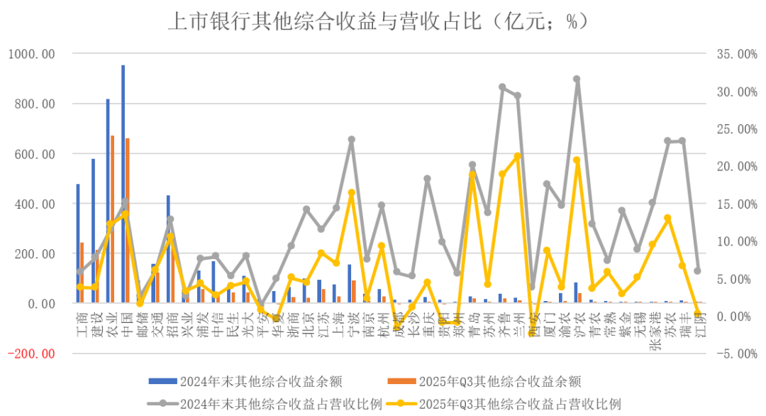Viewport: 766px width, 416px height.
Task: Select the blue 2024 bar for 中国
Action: [123, 185]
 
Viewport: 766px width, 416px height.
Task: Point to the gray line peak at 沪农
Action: [577, 80]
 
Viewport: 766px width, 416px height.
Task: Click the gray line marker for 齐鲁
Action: [502, 87]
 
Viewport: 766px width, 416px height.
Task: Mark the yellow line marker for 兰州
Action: [517, 156]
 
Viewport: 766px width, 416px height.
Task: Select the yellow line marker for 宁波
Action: [351, 193]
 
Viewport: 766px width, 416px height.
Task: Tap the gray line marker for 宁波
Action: [351, 140]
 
